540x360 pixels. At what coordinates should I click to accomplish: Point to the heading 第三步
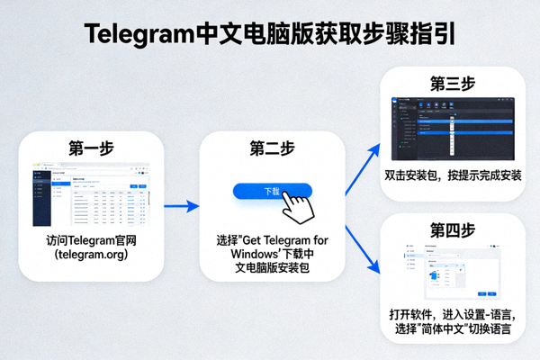(453, 84)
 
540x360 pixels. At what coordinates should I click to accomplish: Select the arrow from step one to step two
(180, 207)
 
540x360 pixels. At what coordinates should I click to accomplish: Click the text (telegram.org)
(91, 256)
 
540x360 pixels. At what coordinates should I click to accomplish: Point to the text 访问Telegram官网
(91, 242)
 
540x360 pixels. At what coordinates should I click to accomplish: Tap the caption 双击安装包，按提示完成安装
(453, 175)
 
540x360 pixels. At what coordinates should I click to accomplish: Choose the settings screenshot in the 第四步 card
(453, 271)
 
